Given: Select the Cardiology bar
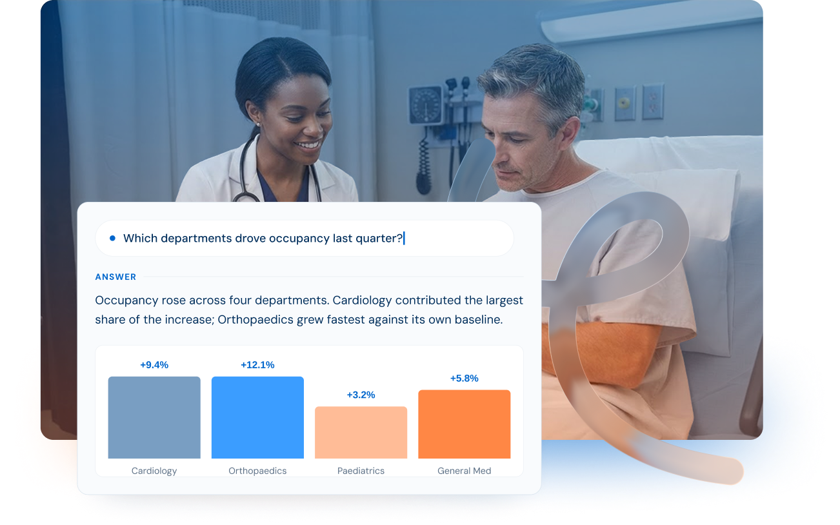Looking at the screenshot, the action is tap(154, 417).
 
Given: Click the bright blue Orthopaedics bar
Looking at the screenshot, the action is tap(257, 417).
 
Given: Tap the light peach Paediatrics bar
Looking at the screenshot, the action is tap(361, 432).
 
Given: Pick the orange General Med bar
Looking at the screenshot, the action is tap(465, 424).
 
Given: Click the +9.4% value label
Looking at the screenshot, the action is tap(154, 365).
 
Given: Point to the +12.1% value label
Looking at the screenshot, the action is tap(257, 365).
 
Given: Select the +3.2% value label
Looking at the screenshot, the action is tap(361, 395).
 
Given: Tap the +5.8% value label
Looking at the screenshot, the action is tap(465, 379).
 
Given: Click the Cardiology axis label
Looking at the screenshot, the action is tap(154, 471).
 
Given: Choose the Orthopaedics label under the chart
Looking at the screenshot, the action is tap(257, 471).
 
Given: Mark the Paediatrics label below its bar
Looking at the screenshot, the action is tap(361, 471).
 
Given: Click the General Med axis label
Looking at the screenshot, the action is tap(465, 471).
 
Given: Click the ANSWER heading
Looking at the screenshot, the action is tap(115, 277).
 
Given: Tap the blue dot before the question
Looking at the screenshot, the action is tap(112, 238).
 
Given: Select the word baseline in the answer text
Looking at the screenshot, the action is tap(479, 319).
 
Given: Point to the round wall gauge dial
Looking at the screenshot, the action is tap(426, 104).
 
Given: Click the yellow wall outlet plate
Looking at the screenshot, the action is tap(625, 103).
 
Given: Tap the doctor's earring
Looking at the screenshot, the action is tap(257, 124).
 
